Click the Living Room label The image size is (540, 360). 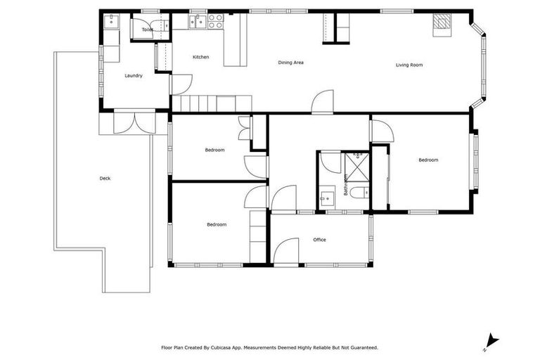409,65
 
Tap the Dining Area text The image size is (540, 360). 290,63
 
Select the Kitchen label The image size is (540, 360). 202,57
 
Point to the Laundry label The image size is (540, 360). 134,75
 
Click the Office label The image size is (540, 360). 319,240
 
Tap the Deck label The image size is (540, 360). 105,179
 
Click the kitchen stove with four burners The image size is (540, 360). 215,20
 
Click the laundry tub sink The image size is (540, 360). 111,22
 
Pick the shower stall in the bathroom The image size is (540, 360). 357,166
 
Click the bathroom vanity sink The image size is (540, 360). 328,197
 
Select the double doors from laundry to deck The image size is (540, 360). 134,122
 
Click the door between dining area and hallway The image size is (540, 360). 323,102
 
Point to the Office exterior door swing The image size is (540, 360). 286,252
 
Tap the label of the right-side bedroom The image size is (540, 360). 428,160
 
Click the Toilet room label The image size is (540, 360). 148,30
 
